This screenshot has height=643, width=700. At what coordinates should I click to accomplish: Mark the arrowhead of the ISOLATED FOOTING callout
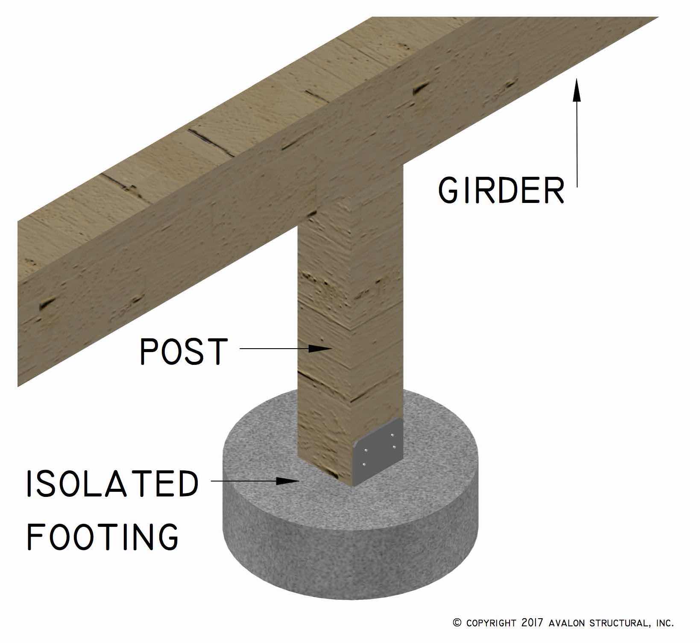coord(287,481)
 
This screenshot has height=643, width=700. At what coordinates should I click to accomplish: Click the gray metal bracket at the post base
coord(378,453)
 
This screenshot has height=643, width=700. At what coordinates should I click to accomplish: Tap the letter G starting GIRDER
coord(448,190)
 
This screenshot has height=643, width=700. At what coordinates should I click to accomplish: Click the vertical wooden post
coord(350,299)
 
